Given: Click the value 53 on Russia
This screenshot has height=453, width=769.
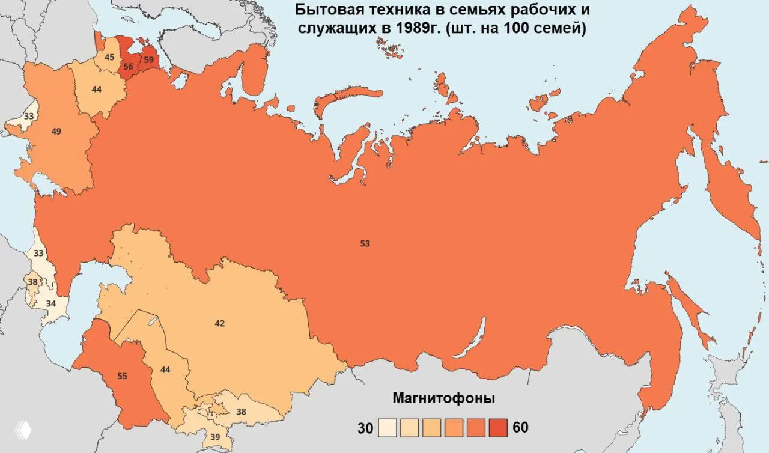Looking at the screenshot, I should click(365, 243).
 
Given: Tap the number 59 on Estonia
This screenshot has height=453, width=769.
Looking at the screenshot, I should click(148, 60).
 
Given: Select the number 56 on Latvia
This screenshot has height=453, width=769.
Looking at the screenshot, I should click(128, 67).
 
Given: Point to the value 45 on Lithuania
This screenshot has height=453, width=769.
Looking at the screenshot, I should click(109, 57).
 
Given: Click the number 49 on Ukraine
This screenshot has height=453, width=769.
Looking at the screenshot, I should click(56, 131).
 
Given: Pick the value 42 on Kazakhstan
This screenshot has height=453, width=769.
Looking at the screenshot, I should click(219, 323).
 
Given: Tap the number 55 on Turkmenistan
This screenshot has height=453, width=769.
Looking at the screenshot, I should click(122, 377).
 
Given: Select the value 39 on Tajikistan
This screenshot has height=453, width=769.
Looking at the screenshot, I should click(214, 436).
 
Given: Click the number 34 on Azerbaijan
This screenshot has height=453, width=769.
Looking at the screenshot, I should click(51, 303).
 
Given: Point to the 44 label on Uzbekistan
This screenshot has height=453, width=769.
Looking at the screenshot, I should click(165, 370).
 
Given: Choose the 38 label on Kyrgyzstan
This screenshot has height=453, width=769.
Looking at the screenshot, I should click(241, 412).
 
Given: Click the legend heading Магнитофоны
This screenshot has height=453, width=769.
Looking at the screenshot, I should click(443, 398).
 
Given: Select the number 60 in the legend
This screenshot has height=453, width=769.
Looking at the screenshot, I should click(521, 428).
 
